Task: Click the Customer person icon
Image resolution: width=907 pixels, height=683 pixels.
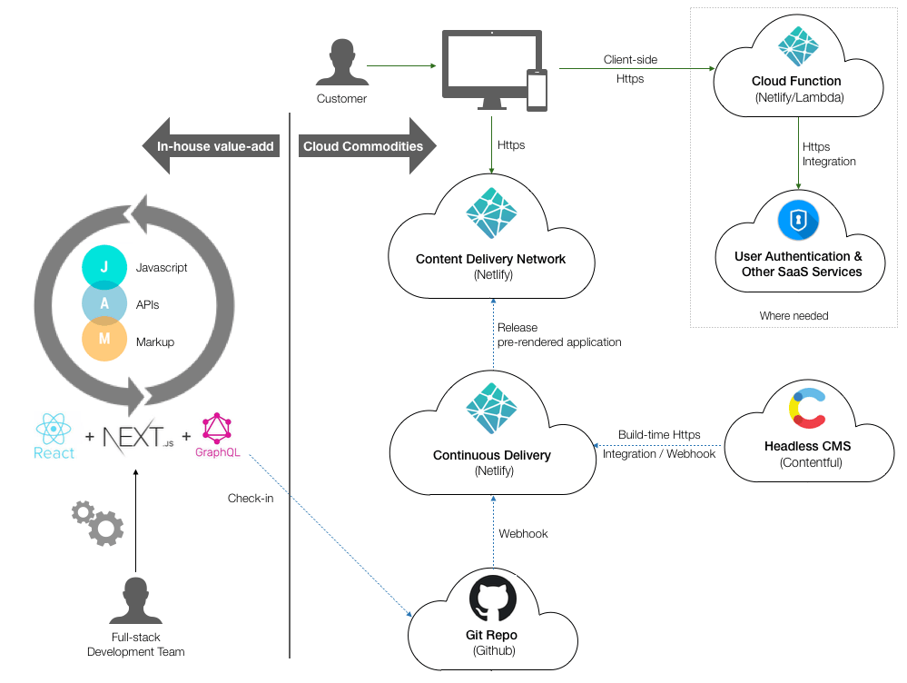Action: [341, 66]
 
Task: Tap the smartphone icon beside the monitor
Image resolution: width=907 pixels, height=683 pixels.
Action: [537, 90]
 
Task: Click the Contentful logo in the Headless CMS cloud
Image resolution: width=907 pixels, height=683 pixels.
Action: [807, 409]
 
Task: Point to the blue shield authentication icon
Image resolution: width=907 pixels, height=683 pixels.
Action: [798, 221]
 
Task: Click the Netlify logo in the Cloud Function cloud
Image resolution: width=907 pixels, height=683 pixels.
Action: [798, 48]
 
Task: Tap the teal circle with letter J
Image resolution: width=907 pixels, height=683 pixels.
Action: [104, 267]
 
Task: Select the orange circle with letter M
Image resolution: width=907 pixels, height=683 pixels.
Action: [104, 341]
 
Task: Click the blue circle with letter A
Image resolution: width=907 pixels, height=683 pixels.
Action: [104, 303]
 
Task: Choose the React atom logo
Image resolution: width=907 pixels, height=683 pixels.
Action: [54, 428]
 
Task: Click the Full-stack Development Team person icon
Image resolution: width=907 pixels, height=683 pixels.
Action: [135, 601]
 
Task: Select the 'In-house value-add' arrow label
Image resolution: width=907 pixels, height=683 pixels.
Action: [215, 146]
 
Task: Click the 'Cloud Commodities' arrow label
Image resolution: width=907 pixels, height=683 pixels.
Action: [363, 146]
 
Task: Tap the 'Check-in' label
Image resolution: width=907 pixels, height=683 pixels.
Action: [251, 498]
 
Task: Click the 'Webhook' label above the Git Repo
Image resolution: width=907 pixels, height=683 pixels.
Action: [523, 533]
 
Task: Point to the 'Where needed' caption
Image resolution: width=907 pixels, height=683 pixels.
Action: [794, 315]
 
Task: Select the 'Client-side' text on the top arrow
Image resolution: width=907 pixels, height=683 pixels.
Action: [630, 60]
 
